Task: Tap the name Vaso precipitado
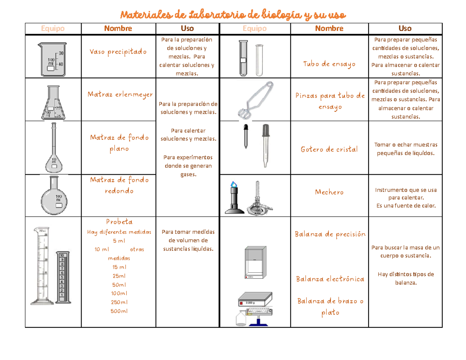[x=118, y=52]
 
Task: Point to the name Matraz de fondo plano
[x=119, y=143]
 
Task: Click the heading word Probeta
[x=119, y=222]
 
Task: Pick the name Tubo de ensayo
[x=329, y=64]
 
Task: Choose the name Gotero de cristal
[x=329, y=150]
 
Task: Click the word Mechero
[x=329, y=192]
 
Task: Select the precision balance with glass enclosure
[x=256, y=262]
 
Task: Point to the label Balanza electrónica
[x=330, y=279]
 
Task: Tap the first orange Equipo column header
[x=53, y=28]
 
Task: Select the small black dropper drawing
[x=246, y=136]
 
